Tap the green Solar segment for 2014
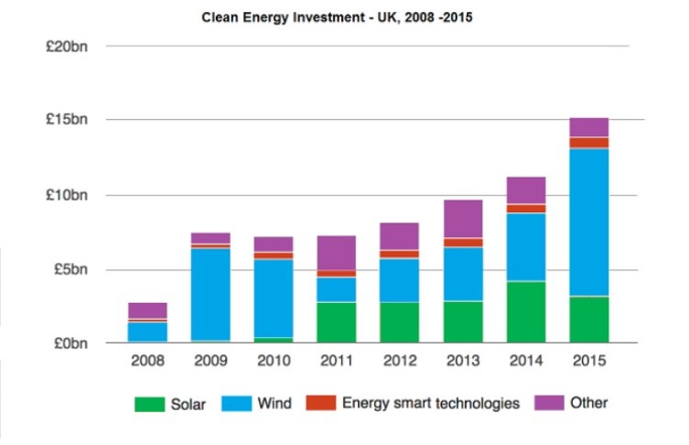[x=525, y=311]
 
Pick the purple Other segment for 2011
[x=336, y=252]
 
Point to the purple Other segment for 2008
[x=147, y=310]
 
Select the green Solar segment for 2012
[x=399, y=322]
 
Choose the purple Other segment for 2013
[x=462, y=219]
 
